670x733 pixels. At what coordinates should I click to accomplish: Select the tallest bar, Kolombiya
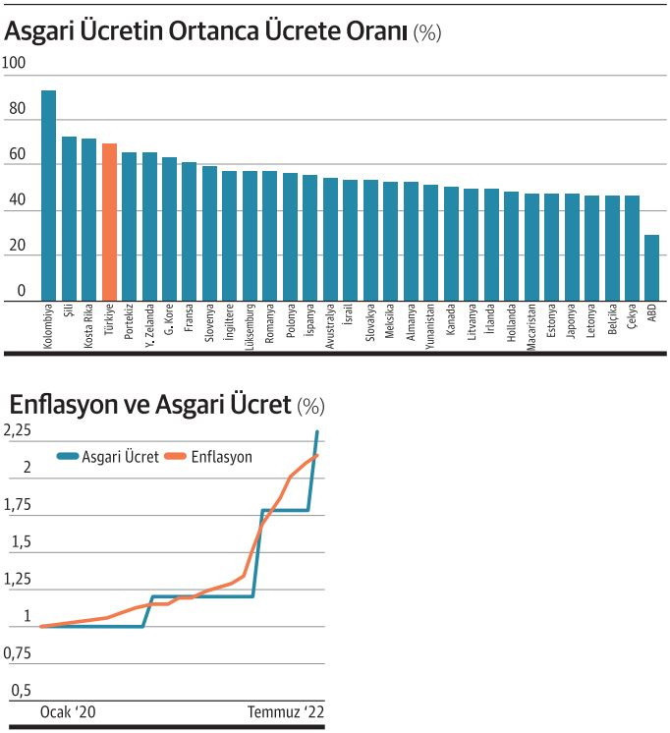click(x=48, y=196)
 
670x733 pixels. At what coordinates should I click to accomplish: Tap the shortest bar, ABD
click(x=651, y=267)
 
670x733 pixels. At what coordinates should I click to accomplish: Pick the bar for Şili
click(x=69, y=218)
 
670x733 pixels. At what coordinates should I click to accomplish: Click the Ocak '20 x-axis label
click(x=68, y=711)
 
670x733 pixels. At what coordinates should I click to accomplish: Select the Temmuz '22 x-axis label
click(x=285, y=711)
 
